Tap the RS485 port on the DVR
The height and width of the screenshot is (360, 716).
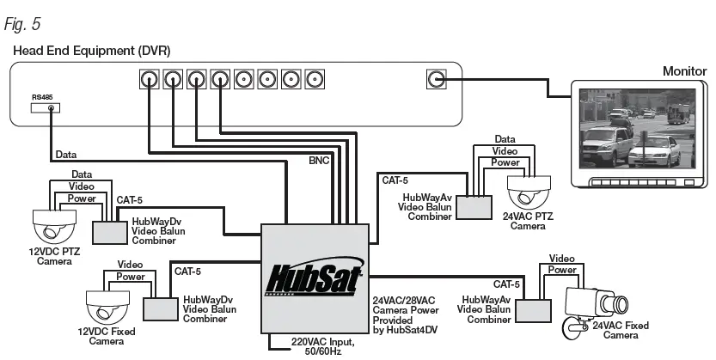point(54,108)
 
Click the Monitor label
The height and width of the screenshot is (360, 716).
point(683,71)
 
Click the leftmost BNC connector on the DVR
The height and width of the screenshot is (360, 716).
point(150,80)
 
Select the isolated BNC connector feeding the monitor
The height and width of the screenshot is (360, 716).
point(437,80)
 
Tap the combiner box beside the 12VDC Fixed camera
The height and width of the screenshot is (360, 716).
point(159,308)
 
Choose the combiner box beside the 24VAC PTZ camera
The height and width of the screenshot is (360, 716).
point(473,206)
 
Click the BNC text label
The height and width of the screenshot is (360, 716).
point(319,160)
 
